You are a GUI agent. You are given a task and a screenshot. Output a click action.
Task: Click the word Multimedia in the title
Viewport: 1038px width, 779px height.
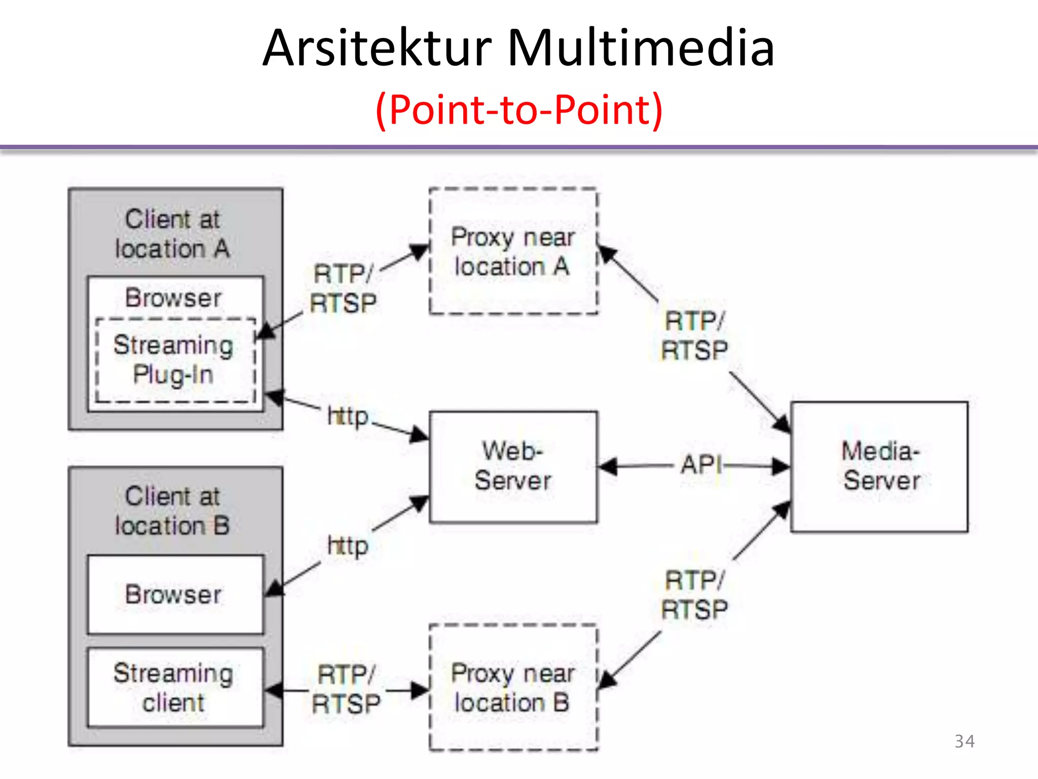click(641, 48)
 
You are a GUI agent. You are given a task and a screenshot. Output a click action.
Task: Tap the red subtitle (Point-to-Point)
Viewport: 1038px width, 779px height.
click(518, 110)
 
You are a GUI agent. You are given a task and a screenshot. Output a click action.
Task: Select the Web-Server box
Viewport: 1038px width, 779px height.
click(513, 467)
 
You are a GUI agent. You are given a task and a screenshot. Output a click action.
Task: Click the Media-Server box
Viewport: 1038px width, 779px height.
click(879, 467)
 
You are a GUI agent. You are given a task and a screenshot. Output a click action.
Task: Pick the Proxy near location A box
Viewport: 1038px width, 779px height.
click(513, 252)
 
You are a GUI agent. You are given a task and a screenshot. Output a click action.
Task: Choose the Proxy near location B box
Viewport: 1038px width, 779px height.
click(513, 687)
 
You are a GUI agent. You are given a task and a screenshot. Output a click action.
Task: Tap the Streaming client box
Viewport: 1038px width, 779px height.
click(175, 687)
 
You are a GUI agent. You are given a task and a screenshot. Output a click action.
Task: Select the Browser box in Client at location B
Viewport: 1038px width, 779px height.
click(175, 594)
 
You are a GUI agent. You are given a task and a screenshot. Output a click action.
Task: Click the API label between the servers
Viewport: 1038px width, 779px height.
click(701, 465)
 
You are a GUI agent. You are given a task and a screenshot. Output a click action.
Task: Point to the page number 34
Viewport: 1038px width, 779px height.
click(964, 741)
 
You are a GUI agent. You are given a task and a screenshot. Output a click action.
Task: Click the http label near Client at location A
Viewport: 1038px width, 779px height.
click(348, 416)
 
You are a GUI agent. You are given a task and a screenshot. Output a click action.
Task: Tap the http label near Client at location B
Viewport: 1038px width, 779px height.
click(348, 546)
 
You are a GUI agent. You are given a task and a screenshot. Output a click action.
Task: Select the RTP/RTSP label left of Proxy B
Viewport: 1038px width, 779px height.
click(346, 690)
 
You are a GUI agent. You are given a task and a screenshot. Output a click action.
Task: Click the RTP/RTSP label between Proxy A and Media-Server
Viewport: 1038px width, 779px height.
click(694, 336)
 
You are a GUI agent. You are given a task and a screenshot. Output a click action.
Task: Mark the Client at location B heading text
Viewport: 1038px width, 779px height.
click(173, 511)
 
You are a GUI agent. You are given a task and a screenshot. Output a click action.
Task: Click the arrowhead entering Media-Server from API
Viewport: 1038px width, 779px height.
click(781, 466)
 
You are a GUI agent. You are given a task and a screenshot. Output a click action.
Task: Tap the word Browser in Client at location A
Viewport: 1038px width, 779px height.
click(173, 298)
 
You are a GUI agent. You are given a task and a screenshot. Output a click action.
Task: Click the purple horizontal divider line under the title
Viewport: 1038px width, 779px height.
click(518, 148)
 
